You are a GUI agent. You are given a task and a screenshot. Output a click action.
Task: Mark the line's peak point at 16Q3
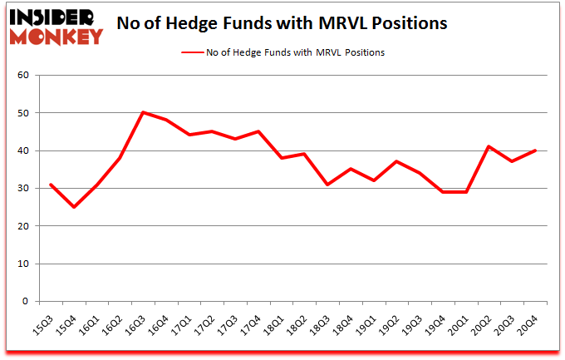[x=144, y=112]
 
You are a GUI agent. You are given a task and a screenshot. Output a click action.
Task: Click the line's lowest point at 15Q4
[x=74, y=207]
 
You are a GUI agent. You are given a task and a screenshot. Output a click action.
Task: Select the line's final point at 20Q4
[x=536, y=150]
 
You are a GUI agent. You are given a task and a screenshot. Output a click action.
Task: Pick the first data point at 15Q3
[x=51, y=185]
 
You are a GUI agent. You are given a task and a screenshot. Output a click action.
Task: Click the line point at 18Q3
[x=328, y=185]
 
